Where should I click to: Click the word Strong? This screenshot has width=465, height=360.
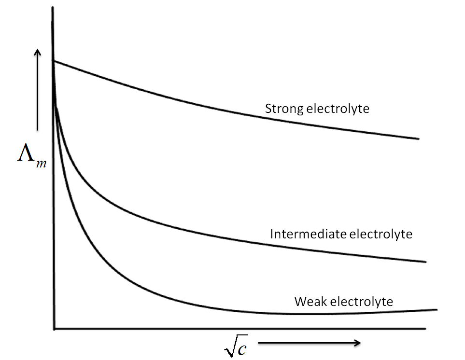(x=284, y=109)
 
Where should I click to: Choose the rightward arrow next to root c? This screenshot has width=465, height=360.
(x=309, y=343)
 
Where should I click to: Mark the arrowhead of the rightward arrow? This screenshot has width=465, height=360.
(x=357, y=343)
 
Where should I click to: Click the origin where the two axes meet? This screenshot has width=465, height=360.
(x=54, y=329)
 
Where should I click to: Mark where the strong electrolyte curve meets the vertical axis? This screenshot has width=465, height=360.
(x=54, y=61)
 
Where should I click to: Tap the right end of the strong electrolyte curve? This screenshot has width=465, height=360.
(x=418, y=139)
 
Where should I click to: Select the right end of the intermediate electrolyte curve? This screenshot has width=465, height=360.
(x=426, y=262)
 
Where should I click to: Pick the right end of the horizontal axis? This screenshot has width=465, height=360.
(x=425, y=329)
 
